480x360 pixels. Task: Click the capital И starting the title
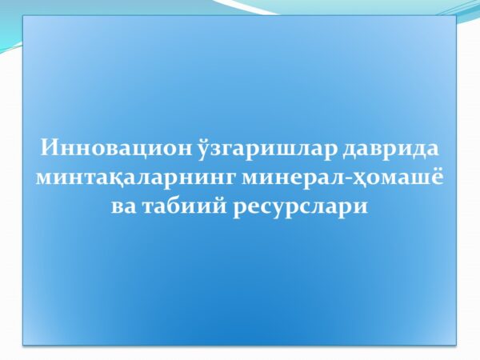point(47,149)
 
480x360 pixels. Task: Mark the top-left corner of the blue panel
point(23,17)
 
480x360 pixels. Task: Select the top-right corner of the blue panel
point(456,17)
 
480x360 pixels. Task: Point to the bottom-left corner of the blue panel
point(23,345)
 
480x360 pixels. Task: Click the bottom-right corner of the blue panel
point(456,345)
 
